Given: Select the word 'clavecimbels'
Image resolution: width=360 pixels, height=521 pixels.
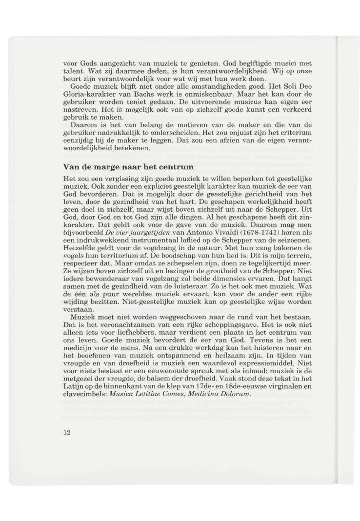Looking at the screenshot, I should click(87, 395).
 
